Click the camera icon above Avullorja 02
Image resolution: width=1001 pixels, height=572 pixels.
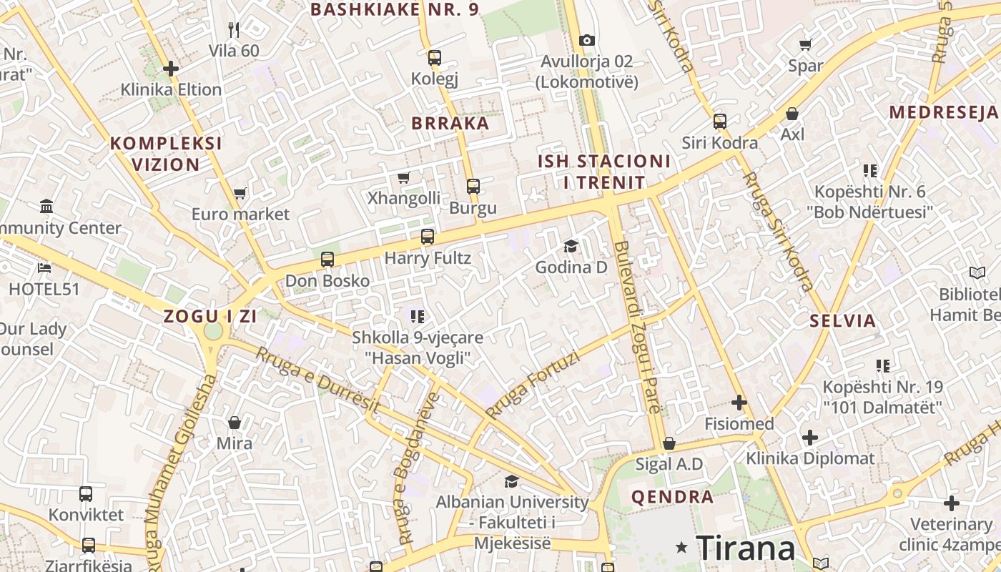pyautogui.click(x=587, y=40)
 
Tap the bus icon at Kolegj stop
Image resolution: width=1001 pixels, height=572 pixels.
pyautogui.click(x=434, y=58)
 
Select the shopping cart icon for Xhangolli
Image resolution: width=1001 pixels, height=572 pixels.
pyautogui.click(x=403, y=177)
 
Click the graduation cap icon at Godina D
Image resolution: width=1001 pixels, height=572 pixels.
pyautogui.click(x=571, y=247)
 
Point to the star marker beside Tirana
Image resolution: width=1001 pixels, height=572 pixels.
pyautogui.click(x=682, y=548)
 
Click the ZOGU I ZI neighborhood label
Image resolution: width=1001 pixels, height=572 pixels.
pyautogui.click(x=209, y=316)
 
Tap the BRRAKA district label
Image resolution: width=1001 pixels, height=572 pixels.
pyautogui.click(x=450, y=123)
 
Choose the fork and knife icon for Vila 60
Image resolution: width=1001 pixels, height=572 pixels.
pyautogui.click(x=234, y=29)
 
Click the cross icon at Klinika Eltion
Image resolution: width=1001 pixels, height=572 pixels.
pyautogui.click(x=170, y=69)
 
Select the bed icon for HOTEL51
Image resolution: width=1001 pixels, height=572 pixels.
pyautogui.click(x=44, y=268)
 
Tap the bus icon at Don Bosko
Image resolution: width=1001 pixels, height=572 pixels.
pyautogui.click(x=327, y=260)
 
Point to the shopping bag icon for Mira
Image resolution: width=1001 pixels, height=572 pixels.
pyautogui.click(x=234, y=423)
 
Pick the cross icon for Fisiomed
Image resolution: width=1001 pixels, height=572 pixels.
pyautogui.click(x=739, y=403)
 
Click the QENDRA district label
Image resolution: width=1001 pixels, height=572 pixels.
pyautogui.click(x=672, y=497)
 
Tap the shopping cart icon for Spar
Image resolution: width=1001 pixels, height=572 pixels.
pyautogui.click(x=806, y=44)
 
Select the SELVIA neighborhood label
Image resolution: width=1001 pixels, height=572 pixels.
pyautogui.click(x=843, y=320)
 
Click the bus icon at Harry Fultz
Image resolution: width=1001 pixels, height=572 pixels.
pyautogui.click(x=428, y=236)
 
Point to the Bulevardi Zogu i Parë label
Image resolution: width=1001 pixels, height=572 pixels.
pyautogui.click(x=636, y=327)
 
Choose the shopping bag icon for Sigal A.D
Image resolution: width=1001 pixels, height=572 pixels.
pyautogui.click(x=669, y=443)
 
